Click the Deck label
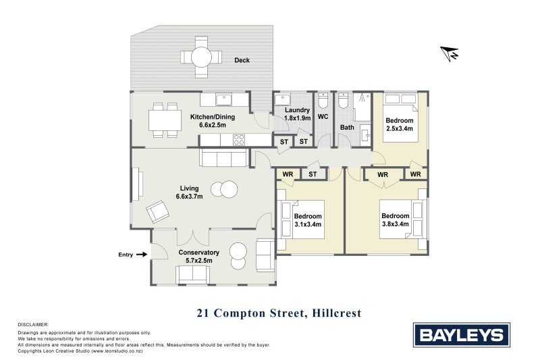point(242,60)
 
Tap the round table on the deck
point(201,57)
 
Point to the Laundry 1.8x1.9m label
point(297,114)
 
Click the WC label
point(323,117)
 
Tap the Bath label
point(347,127)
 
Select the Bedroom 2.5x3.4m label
point(399,124)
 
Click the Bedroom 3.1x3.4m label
point(307,220)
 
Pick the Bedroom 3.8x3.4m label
point(394,220)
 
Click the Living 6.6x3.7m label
point(189,192)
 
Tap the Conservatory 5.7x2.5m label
point(195,256)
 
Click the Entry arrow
point(141,255)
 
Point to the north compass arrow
point(449,53)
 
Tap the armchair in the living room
point(159,212)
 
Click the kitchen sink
point(224,101)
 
